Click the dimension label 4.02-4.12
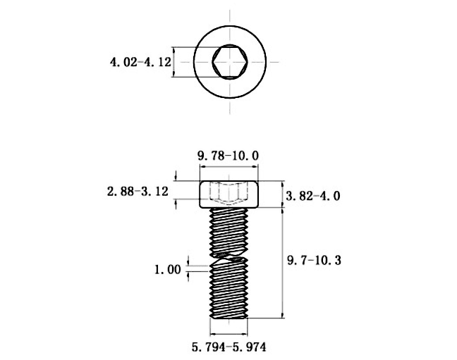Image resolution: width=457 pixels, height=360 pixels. pos(140,62)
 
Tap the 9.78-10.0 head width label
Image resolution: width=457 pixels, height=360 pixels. pos(228,156)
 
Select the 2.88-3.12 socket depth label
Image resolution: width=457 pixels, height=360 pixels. pos(138,192)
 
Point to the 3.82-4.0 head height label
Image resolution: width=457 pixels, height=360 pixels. pos(312,196)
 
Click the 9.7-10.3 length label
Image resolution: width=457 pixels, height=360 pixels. pos(314,260)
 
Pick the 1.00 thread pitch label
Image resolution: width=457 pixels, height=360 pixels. pos(168,270)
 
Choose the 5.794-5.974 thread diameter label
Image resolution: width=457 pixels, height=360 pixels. pos(228,347)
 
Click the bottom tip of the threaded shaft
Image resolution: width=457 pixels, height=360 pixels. pos(228,318)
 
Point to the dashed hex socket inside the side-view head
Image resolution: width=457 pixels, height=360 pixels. pos(229,194)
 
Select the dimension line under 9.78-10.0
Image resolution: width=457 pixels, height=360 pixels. pos(228,167)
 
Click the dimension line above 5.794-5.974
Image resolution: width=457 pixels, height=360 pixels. pos(228,333)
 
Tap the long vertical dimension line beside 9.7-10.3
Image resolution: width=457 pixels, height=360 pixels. pos(282,263)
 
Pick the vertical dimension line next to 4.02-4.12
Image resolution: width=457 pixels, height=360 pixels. pos(174,62)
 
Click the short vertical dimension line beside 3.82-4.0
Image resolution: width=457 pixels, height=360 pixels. pos(282,194)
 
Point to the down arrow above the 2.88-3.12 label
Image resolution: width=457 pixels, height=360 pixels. pos(176,176)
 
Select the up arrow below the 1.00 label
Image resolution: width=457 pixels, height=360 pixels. pos(188,277)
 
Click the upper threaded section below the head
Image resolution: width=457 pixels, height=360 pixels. pos(229,232)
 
